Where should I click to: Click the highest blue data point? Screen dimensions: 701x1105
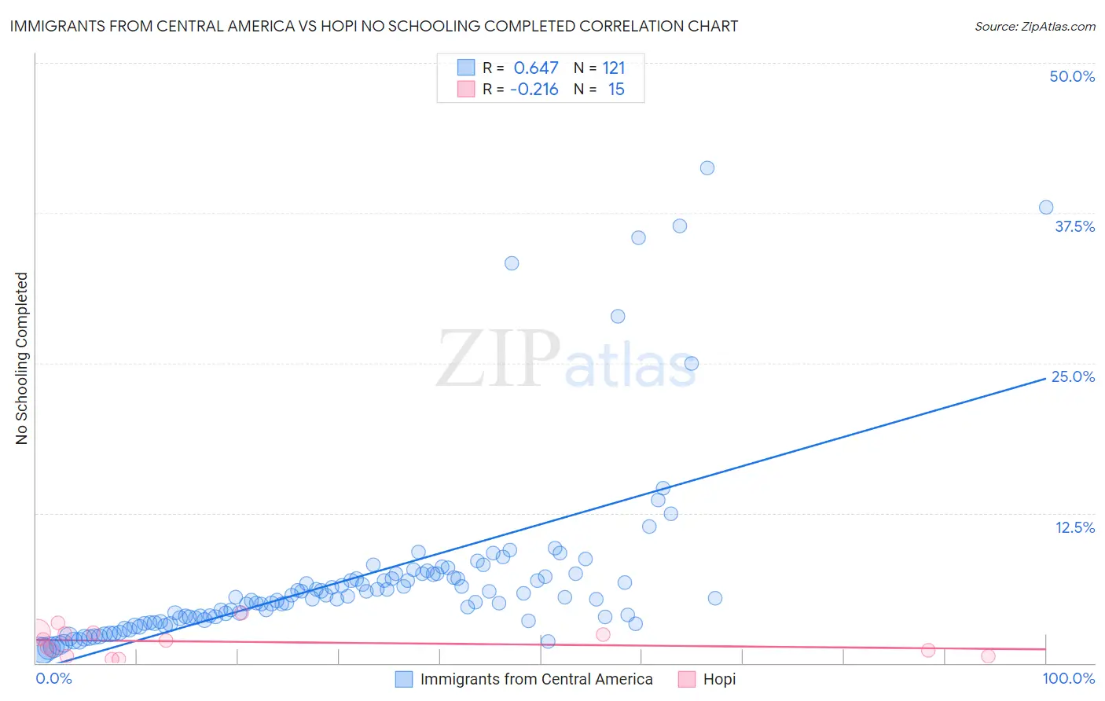point(707,168)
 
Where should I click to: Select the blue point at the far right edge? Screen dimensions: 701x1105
point(1046,207)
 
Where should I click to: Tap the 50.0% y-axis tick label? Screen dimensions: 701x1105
point(1072,77)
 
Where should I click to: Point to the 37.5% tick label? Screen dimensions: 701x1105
point(1074,227)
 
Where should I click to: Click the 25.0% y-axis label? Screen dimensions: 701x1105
point(1073,377)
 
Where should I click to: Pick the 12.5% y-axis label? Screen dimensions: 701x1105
point(1074,527)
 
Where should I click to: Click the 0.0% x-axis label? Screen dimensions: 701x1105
point(53,679)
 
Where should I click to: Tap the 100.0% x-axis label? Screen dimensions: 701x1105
point(1069,679)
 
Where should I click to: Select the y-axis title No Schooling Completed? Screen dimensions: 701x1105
point(22,358)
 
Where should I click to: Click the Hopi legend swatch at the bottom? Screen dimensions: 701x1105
point(687,680)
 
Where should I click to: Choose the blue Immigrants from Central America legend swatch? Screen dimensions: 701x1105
point(404,680)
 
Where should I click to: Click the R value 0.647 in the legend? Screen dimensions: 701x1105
point(536,68)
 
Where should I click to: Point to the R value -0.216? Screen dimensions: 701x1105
point(534,90)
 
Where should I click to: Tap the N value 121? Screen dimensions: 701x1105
point(614,68)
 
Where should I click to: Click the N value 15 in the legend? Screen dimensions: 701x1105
point(616,90)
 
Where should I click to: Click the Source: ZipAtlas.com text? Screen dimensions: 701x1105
point(1034,27)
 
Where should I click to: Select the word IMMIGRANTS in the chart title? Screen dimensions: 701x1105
point(53,27)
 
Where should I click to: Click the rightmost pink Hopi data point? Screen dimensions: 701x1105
point(988,656)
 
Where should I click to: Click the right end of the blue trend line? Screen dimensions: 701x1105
point(1045,378)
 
